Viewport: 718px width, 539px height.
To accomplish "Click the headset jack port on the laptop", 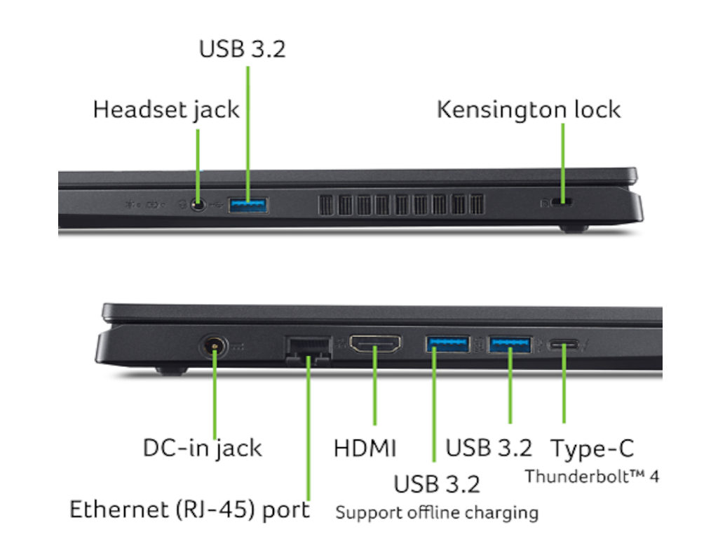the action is coord(198,204).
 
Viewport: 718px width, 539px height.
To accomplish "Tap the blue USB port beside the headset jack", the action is coord(248,205).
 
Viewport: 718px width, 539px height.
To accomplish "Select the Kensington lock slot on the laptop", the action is coord(562,201).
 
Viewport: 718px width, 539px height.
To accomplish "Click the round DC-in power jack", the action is coord(213,347).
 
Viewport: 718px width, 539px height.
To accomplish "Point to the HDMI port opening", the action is coord(375,344).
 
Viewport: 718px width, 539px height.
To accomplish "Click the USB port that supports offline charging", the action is coord(447,344).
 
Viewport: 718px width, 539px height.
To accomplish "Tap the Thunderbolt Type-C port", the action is coord(564,344).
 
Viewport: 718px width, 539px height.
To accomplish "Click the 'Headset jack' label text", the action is coord(165,110).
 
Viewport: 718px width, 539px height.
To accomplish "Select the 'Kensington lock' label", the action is coord(529,109).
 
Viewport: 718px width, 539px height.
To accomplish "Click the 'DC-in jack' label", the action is coord(203,448).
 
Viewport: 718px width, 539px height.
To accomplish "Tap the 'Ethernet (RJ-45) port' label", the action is coord(189,510).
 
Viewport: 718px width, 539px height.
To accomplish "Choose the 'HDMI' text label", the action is coord(365,448).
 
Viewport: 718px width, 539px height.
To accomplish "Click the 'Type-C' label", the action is coord(592,448).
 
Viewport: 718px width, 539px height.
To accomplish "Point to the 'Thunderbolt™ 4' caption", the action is coord(592,477).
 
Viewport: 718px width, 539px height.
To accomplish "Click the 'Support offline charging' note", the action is coord(437,512).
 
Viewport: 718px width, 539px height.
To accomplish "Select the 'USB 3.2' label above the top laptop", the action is coord(242,48).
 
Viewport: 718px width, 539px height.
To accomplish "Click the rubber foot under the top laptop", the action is coord(574,228).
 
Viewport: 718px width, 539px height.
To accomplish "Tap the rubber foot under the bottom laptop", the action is coord(172,370).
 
